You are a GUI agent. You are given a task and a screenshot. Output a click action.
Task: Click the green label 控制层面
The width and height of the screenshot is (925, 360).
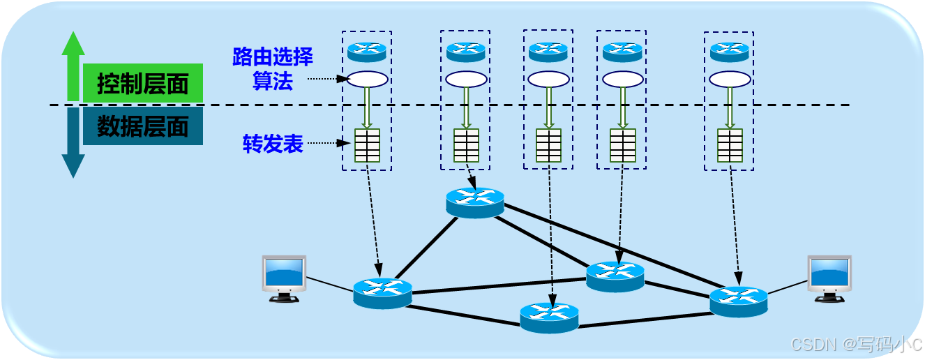[x=142, y=84]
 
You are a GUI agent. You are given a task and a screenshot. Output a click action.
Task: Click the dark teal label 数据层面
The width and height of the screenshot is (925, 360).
[x=142, y=126]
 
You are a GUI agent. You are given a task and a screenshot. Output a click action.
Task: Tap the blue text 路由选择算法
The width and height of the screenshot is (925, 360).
[x=272, y=69]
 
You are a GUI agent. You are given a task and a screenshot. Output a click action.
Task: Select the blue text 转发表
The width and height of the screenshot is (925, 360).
[x=272, y=144]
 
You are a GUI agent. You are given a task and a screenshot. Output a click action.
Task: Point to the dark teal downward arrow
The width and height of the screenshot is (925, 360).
[x=73, y=143]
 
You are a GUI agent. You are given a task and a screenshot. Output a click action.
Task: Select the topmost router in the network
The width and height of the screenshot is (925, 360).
[x=474, y=202]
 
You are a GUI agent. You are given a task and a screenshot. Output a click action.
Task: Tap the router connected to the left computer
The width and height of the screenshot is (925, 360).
[x=382, y=293]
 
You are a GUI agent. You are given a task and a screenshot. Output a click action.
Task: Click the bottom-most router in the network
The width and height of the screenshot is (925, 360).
[x=549, y=317]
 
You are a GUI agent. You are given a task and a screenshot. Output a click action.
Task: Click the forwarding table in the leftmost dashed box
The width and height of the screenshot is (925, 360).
[x=367, y=146]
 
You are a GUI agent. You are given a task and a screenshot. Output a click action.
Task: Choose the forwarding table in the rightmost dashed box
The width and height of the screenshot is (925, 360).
[x=730, y=146]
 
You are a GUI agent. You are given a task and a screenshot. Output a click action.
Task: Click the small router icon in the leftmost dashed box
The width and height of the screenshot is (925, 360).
[x=367, y=52]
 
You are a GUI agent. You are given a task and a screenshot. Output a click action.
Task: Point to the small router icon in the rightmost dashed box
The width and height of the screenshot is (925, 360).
[x=730, y=52]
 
